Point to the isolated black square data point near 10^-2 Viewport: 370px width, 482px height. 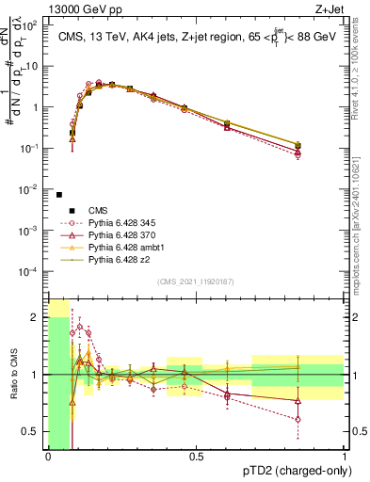point(59,195)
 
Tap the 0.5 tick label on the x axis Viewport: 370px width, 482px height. point(196,458)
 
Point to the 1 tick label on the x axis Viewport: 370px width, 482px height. point(345,458)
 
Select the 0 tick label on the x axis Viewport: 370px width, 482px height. point(48,458)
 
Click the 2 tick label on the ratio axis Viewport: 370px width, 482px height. point(36,317)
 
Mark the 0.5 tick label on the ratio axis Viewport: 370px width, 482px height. point(32,431)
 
